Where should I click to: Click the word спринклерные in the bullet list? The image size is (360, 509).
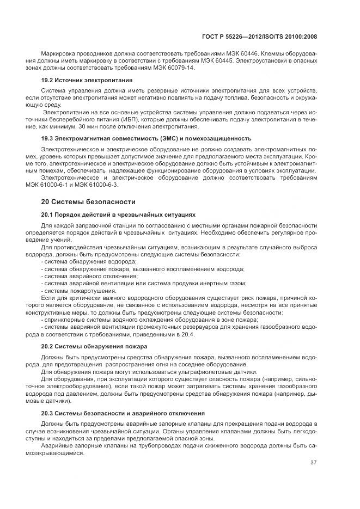64,319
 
